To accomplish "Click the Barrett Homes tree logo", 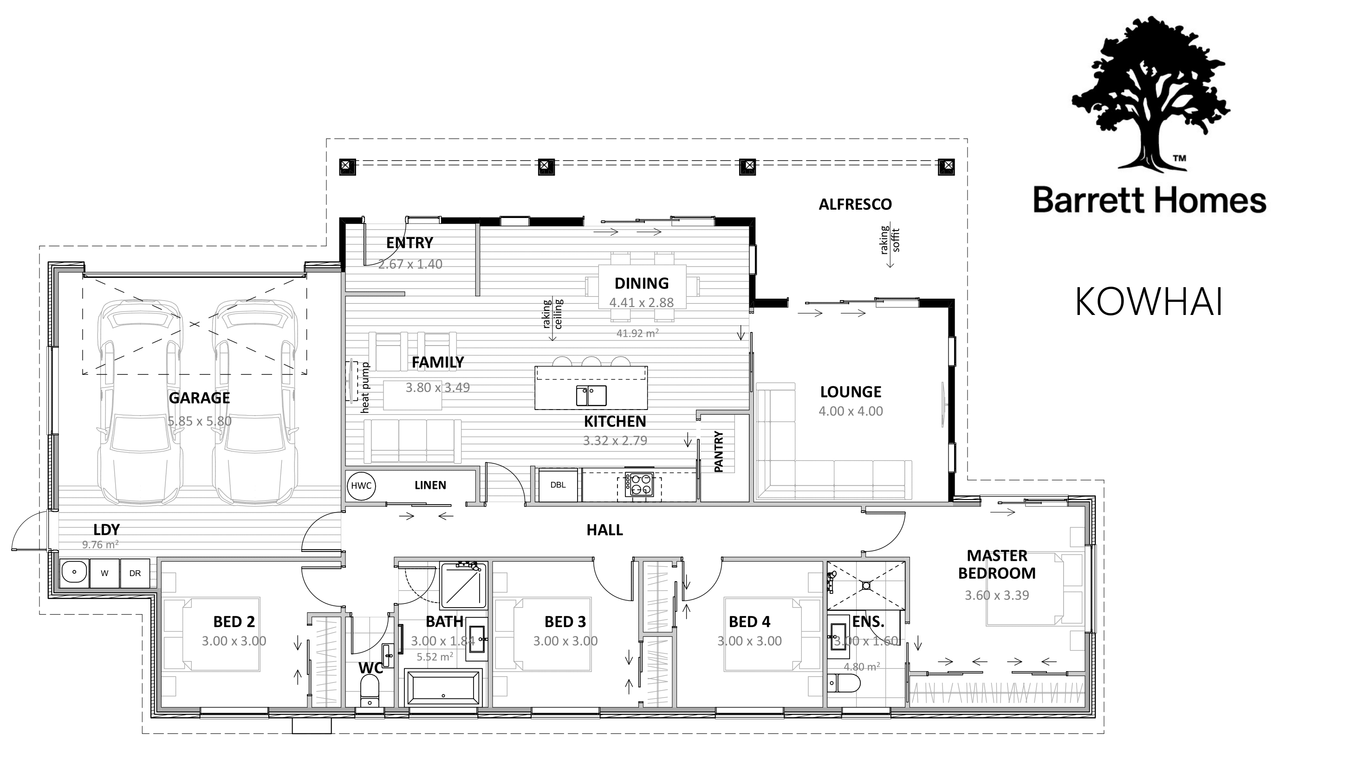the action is (x=1150, y=94).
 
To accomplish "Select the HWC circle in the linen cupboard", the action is (x=361, y=486).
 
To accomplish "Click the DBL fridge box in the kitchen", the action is (x=558, y=485).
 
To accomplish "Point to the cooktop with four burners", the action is (x=639, y=484).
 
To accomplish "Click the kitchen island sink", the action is (x=591, y=396).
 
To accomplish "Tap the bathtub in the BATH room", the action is (x=443, y=687).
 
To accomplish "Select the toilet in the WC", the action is (x=370, y=690).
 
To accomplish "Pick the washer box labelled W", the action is (x=105, y=573).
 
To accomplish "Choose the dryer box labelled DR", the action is (x=135, y=573).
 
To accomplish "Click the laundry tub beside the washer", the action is (x=74, y=573).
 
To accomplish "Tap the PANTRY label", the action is (x=719, y=452).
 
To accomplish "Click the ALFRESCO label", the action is (x=855, y=205).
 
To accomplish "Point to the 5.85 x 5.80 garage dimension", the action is (x=200, y=421).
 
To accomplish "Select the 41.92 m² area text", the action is (x=637, y=333).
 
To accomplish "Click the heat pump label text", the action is (x=365, y=388).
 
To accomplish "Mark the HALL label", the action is (x=604, y=530).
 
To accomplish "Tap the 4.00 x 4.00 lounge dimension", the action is (x=851, y=411).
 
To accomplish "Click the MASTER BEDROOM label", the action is (x=997, y=564).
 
